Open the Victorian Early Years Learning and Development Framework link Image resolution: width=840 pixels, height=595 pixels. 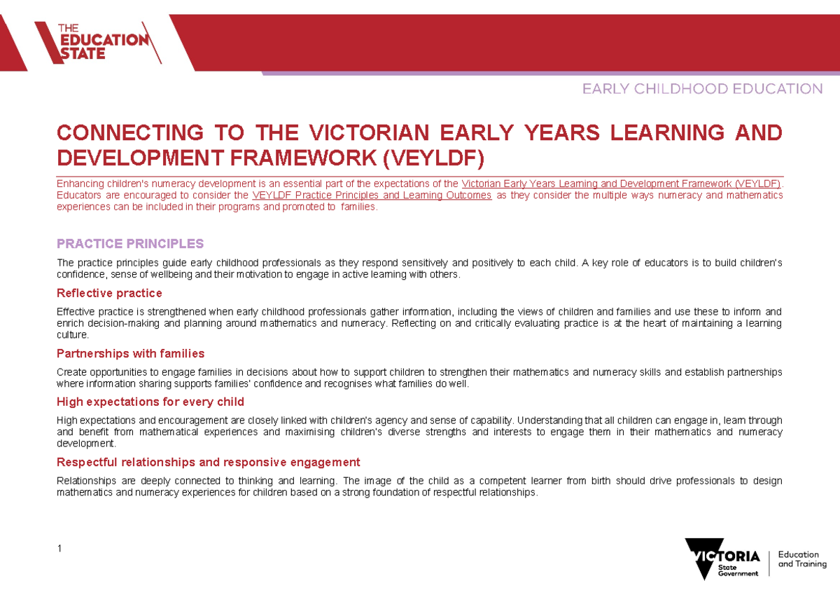click(617, 184)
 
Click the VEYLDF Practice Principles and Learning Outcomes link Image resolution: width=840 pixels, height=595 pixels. click(371, 196)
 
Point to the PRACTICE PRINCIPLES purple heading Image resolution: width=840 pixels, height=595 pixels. click(130, 244)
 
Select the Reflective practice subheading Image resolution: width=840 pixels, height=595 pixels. click(109, 293)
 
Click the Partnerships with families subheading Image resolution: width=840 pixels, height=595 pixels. click(130, 353)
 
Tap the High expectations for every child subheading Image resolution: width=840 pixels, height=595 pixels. click(150, 402)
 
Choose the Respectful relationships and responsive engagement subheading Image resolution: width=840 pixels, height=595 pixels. click(209, 463)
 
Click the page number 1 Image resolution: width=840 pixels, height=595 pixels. click(59, 548)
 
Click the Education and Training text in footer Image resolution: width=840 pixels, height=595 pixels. click(802, 559)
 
